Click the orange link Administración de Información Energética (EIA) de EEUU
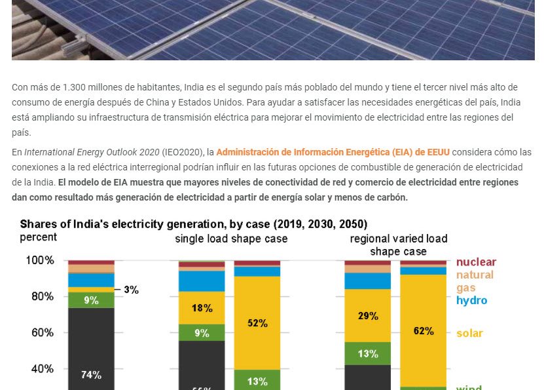pyautogui.click(x=333, y=152)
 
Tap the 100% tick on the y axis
pyautogui.click(x=40, y=261)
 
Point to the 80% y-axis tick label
pyautogui.click(x=40, y=296)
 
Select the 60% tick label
pyautogui.click(x=40, y=333)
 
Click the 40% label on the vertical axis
pyautogui.click(x=40, y=369)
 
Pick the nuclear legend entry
pyautogui.click(x=476, y=262)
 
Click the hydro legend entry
pyautogui.click(x=471, y=300)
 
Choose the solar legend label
pyautogui.click(x=469, y=333)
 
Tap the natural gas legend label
pyautogui.click(x=474, y=281)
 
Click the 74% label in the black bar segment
pyautogui.click(x=91, y=375)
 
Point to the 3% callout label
pyautogui.click(x=131, y=290)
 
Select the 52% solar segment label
pyautogui.click(x=257, y=323)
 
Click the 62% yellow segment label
pyautogui.click(x=424, y=331)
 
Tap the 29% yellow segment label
pyautogui.click(x=368, y=316)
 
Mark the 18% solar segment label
pyautogui.click(x=202, y=308)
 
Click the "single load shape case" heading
pyautogui.click(x=231, y=239)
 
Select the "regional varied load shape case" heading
pyautogui.click(x=399, y=244)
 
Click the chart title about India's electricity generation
pyautogui.click(x=193, y=224)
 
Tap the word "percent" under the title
pyautogui.click(x=38, y=237)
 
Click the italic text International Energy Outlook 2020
pyautogui.click(x=92, y=152)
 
